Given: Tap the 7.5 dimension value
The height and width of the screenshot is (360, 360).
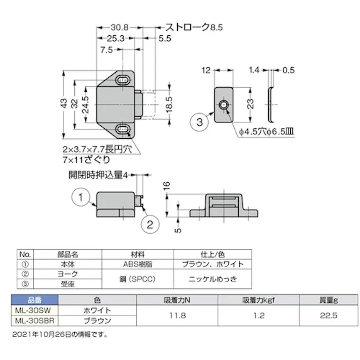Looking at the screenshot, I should tap(106, 49).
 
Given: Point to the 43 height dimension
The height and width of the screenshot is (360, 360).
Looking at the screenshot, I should tap(64, 102).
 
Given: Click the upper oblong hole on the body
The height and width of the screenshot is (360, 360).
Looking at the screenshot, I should tap(123, 80).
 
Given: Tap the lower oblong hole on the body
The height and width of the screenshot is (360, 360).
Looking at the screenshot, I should tap(123, 130).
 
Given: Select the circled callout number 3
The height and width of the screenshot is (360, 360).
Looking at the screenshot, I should tap(199, 122).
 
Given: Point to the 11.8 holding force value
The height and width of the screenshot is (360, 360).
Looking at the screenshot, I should tap(180, 315).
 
